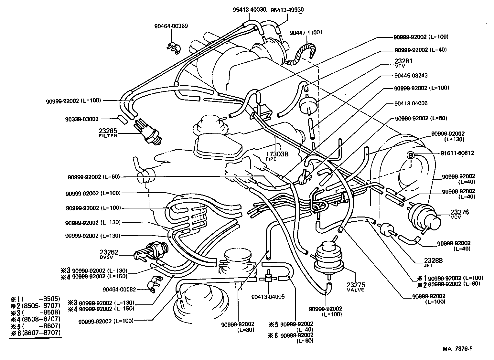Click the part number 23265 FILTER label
click(x=108, y=133)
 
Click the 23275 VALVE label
click(x=356, y=287)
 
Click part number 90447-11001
click(x=306, y=33)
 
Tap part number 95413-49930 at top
click(x=287, y=10)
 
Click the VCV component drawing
click(x=424, y=217)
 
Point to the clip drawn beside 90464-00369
click(x=174, y=48)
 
